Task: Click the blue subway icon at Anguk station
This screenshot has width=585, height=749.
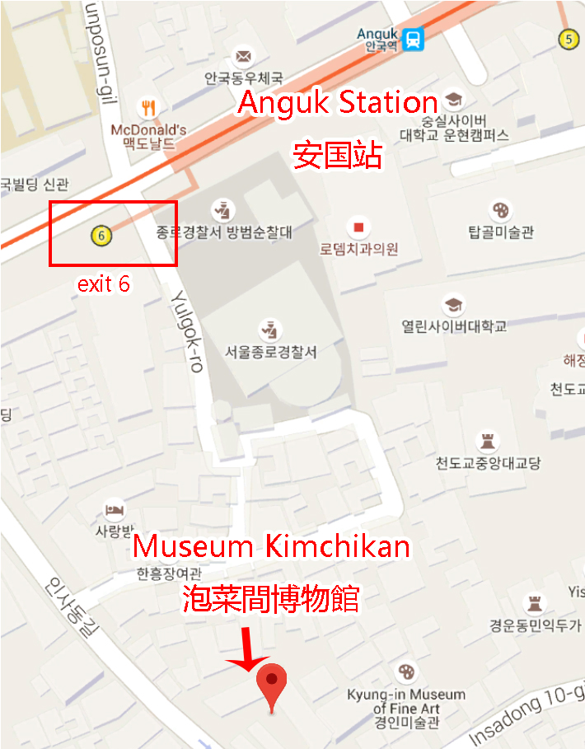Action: point(413,39)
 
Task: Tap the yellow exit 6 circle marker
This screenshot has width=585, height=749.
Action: point(101,235)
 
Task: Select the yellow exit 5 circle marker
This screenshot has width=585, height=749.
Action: point(568,38)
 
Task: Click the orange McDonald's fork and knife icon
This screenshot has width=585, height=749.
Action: point(148,107)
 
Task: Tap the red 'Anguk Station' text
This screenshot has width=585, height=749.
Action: point(338,104)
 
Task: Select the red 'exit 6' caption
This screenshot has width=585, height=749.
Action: point(103,284)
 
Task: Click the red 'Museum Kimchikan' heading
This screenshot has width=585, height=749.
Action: point(272,545)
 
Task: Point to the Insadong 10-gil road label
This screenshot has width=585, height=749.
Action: point(523,719)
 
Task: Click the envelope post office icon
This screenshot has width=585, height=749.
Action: point(243,56)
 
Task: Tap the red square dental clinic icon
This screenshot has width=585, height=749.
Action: point(358,226)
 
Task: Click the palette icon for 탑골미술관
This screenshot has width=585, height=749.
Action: point(500,208)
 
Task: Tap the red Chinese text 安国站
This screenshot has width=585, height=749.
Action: point(339,154)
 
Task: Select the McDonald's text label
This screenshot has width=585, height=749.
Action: point(148,130)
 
